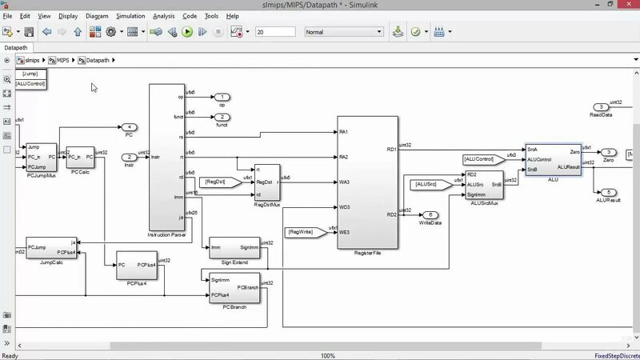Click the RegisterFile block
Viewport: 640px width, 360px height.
368,182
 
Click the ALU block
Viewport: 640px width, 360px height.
553,158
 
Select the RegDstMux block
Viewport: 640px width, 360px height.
267,184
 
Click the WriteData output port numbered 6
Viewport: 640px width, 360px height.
431,214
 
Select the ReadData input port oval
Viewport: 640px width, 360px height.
600,107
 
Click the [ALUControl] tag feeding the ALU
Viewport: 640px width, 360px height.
484,159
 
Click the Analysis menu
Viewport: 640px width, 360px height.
163,16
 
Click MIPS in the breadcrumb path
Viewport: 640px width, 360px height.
62,60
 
